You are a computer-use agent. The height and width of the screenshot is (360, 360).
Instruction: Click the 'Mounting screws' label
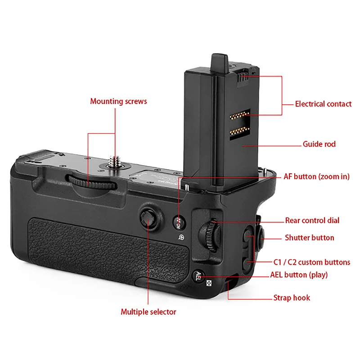pyautogui.click(x=118, y=101)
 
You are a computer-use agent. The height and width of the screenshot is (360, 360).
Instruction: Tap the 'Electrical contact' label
pyautogui.click(x=323, y=104)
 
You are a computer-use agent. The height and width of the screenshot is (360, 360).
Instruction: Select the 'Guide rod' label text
pyautogui.click(x=319, y=144)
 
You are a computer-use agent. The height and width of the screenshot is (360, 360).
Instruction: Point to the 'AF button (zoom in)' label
pyautogui.click(x=316, y=176)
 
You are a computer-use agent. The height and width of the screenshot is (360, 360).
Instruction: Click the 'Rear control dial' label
pyautogui.click(x=312, y=220)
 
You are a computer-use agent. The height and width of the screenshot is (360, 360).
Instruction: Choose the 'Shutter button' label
pyautogui.click(x=310, y=238)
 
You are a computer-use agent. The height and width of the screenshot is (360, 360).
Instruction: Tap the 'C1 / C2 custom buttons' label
pyautogui.click(x=312, y=262)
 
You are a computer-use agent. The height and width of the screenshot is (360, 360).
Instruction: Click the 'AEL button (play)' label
pyautogui.click(x=299, y=274)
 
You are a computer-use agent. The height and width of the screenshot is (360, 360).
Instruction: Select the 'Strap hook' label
pyautogui.click(x=292, y=297)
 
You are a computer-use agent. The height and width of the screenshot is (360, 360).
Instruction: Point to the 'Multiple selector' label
pyautogui.click(x=148, y=311)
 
